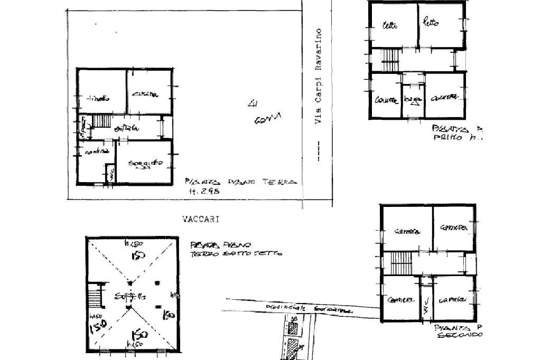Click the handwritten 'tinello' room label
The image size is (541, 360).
click(99, 98)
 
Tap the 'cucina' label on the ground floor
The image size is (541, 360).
click(144, 94)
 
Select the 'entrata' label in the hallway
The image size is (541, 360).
click(131, 128)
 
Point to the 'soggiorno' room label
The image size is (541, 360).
click(145, 164)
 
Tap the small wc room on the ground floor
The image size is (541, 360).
click(110, 174)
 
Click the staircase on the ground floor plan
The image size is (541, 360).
click(102, 121)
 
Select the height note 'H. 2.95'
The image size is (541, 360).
click(200, 192)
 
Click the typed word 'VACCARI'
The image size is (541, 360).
click(201, 219)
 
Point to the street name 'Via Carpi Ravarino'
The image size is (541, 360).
click(318, 77)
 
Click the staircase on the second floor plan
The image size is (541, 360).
click(400, 262)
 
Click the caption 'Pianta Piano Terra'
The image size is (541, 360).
click(240, 182)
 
